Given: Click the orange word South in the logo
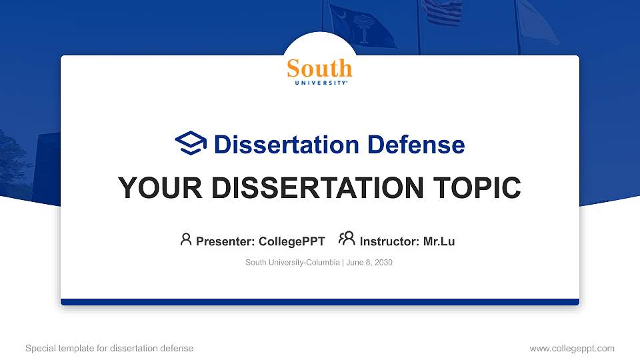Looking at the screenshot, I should [319, 68].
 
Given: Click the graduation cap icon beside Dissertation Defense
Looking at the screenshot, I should [191, 143].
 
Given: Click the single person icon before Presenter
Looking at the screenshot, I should [186, 239].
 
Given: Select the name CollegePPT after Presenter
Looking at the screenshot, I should [291, 241].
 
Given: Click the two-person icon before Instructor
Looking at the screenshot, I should [347, 239].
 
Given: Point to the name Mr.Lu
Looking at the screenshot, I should [439, 241].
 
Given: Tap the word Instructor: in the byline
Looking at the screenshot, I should [389, 241].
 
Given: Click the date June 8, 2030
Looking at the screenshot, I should [369, 263].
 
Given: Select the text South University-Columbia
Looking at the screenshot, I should [292, 263].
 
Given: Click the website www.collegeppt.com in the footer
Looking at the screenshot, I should [571, 348].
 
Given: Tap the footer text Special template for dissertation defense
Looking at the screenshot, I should [109, 348].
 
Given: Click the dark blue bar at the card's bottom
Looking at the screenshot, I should [320, 302].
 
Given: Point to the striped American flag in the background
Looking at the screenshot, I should [441, 12].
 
